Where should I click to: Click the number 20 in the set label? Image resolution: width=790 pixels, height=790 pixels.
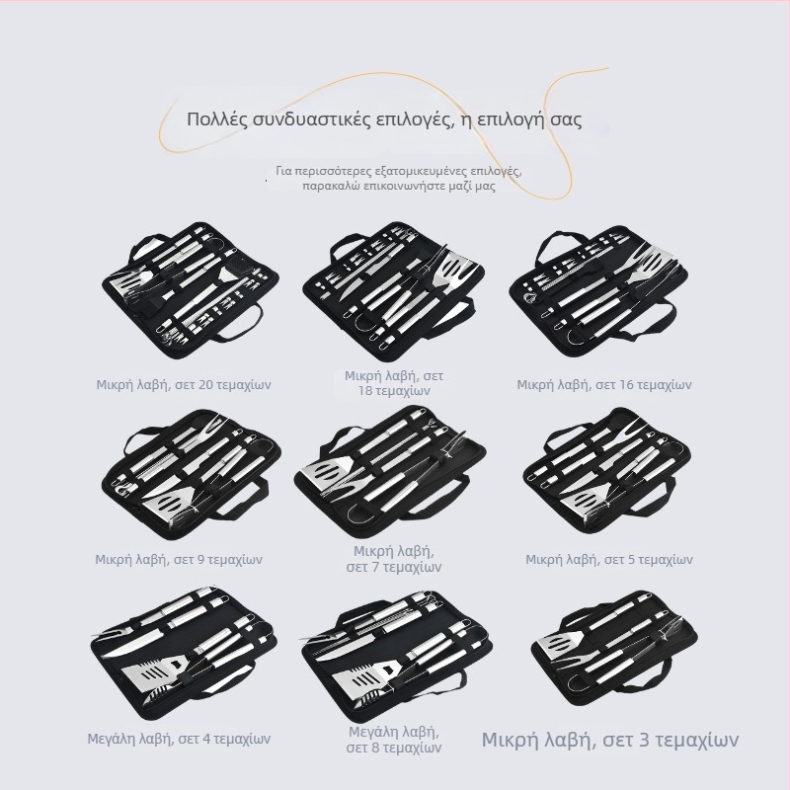coord(207,384)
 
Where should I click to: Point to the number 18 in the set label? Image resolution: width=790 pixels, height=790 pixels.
coord(365,390)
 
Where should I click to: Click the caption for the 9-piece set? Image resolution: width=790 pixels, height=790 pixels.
coord(179,559)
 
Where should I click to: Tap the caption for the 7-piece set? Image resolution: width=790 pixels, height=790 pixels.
coord(393,559)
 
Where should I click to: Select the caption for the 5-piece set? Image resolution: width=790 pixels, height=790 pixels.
coord(609,559)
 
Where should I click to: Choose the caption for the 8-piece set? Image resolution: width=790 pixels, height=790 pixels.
coord(393,739)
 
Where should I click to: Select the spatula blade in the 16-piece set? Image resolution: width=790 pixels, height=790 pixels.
coord(651,266)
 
